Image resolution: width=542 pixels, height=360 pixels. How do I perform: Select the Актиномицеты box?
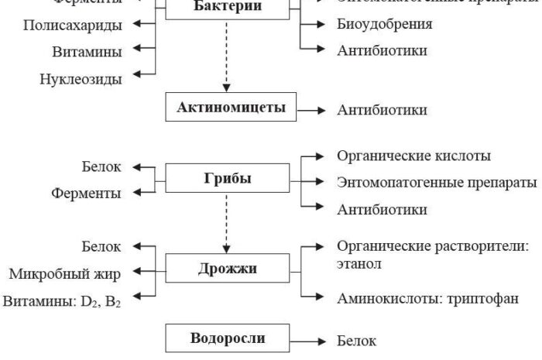(225, 108)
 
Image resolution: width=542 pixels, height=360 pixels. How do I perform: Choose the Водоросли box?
(225, 339)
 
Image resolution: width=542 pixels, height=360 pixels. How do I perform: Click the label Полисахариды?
(73, 26)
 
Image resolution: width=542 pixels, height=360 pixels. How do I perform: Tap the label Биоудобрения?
(384, 24)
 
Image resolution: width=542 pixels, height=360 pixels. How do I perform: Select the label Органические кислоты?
(414, 156)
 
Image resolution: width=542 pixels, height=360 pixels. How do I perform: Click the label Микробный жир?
(66, 273)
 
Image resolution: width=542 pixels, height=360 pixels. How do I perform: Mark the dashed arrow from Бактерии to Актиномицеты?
(225, 61)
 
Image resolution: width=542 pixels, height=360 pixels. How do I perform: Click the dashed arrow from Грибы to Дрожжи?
(225, 223)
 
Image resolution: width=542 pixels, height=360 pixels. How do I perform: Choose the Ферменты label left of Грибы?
(86, 193)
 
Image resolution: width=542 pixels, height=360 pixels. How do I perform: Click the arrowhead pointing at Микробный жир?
(138, 272)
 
